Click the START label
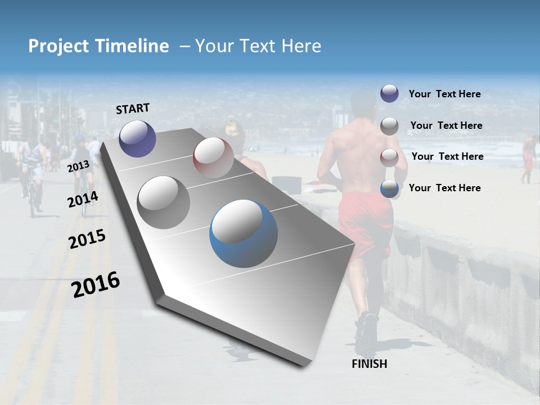click(133, 109)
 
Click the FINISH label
click(369, 364)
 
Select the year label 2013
click(78, 166)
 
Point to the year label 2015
click(87, 239)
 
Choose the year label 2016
click(96, 285)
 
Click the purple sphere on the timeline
click(137, 138)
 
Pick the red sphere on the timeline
click(213, 157)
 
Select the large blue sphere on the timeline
click(244, 233)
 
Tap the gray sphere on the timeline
click(164, 202)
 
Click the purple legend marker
click(389, 93)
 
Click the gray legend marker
click(389, 126)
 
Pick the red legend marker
click(389, 157)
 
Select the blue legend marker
click(389, 188)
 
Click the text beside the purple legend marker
click(444, 94)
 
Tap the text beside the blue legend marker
click(444, 188)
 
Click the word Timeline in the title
click(133, 46)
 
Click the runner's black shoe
click(366, 332)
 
